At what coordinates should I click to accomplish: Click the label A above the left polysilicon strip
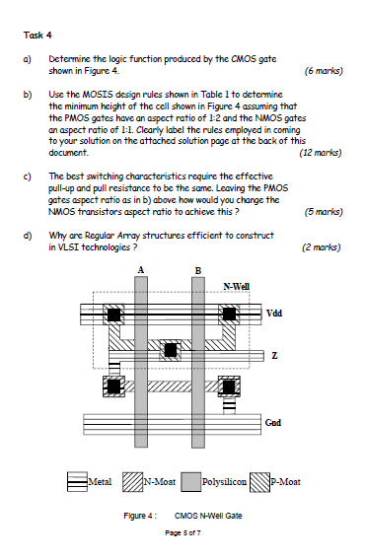click(x=142, y=270)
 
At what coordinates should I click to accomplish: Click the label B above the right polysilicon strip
click(x=199, y=270)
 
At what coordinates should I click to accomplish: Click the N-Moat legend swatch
click(x=134, y=482)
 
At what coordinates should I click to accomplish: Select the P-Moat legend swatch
click(x=258, y=482)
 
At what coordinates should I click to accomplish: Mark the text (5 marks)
click(x=324, y=211)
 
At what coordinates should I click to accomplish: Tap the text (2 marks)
click(x=323, y=248)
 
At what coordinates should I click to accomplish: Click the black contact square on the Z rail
click(x=172, y=350)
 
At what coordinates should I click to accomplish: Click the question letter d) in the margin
click(x=26, y=236)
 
